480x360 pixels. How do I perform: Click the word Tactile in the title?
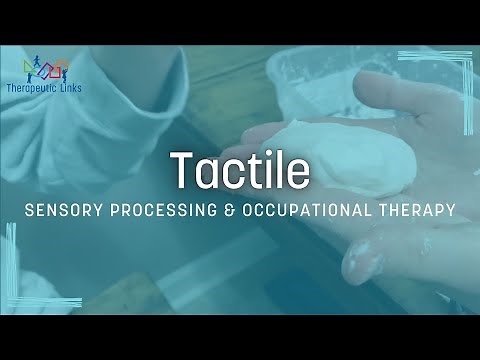point(239,170)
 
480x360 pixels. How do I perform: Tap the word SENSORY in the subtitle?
point(65,211)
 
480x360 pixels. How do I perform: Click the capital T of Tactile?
point(181,170)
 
